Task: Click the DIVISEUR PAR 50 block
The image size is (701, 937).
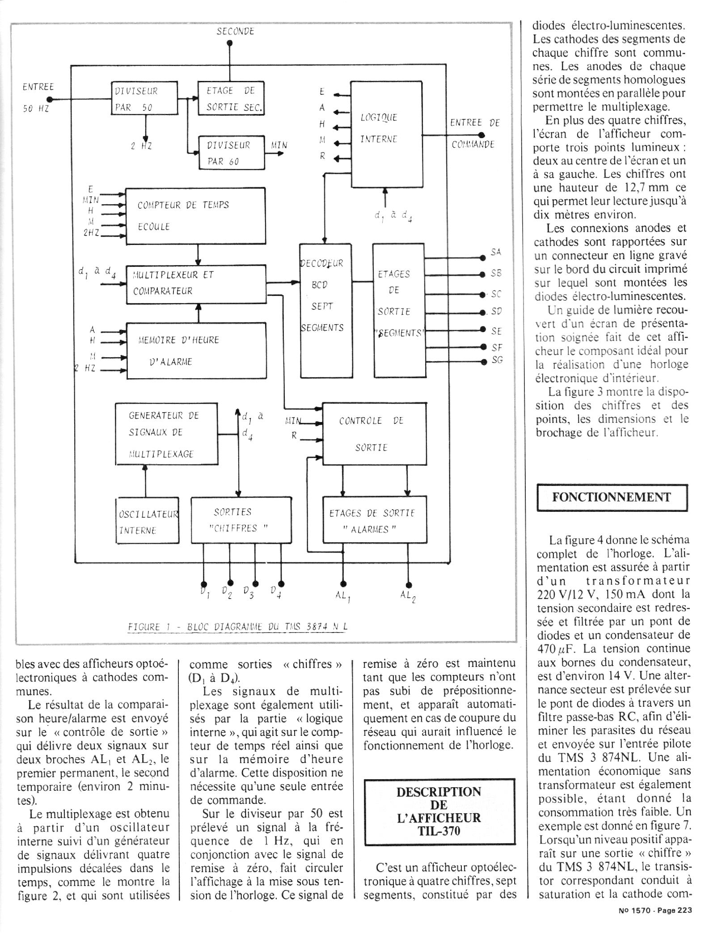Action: [x=144, y=98]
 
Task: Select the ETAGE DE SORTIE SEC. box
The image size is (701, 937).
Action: [x=231, y=98]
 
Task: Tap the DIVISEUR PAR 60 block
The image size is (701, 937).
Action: [x=232, y=153]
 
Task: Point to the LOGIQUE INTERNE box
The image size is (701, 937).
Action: [x=386, y=134]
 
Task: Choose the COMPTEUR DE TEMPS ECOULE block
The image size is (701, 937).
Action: [x=195, y=216]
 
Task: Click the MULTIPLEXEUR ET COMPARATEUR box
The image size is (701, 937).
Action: [x=196, y=284]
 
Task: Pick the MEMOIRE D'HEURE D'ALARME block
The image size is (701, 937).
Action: [x=196, y=350]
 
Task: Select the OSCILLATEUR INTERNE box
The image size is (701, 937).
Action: [x=148, y=520]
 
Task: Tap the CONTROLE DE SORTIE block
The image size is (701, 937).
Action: [x=374, y=434]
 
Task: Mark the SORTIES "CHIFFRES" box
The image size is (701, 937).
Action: [x=241, y=520]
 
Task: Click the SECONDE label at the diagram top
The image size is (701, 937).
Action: [x=235, y=31]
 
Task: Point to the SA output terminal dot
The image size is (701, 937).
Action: [x=482, y=258]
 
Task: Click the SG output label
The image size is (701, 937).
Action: [x=497, y=359]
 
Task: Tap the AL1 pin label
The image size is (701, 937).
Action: [x=343, y=596]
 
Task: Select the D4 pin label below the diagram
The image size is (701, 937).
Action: [x=276, y=592]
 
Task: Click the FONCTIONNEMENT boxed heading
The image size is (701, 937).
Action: [x=611, y=497]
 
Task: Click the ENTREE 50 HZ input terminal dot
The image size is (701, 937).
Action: [x=50, y=99]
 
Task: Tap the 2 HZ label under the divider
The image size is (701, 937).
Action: [x=141, y=145]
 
